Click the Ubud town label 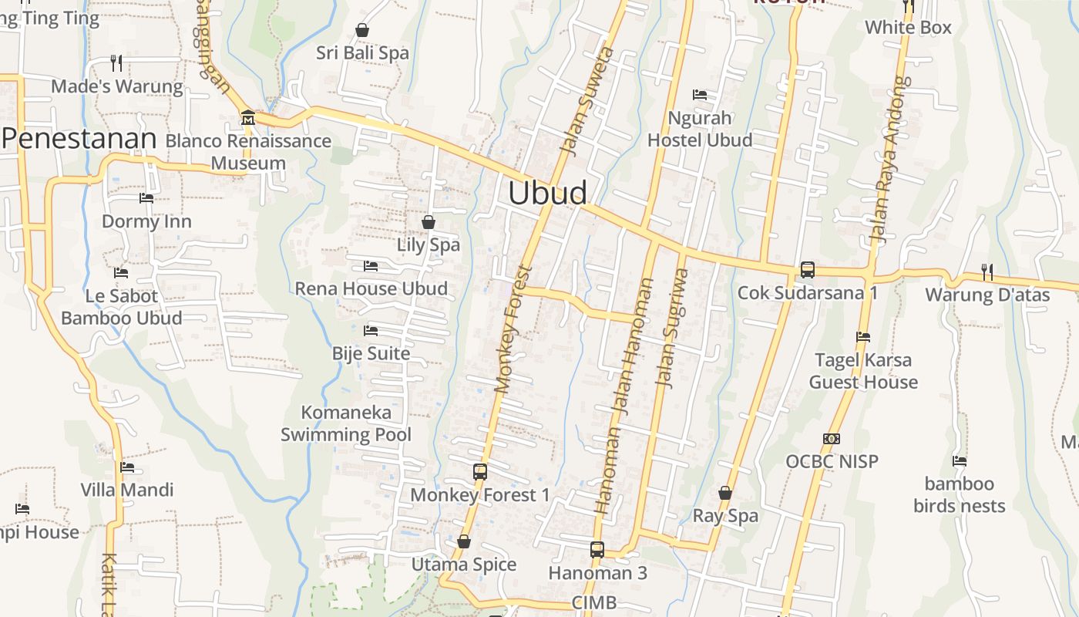tap(547, 193)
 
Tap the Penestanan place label tap(79, 139)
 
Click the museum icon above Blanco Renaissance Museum tap(248, 118)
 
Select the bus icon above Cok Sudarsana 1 tap(807, 270)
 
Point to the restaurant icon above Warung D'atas tap(987, 271)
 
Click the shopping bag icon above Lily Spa tap(429, 222)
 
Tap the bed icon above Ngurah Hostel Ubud tap(700, 95)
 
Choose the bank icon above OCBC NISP tap(832, 439)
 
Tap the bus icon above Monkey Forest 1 tap(480, 472)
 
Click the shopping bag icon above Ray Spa tap(725, 493)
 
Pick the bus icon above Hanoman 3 tap(597, 550)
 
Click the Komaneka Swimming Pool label tap(346, 423)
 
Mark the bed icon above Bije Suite tap(371, 331)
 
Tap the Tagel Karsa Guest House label tap(863, 371)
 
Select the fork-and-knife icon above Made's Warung tap(116, 62)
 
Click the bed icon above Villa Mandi tap(127, 467)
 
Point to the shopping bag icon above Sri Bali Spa tap(362, 30)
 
